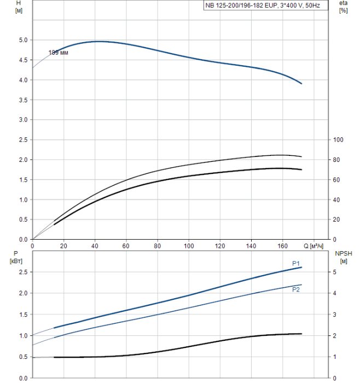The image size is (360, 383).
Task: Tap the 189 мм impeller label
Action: [59, 53]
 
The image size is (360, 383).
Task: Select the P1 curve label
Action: [296, 264]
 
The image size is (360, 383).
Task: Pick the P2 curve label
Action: [296, 289]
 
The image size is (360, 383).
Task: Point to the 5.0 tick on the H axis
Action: [22, 40]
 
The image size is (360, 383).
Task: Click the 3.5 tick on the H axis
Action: [22, 100]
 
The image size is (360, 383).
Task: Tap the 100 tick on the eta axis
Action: [339, 140]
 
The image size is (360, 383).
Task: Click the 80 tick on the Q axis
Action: [158, 246]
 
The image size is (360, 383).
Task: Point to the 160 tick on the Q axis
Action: [282, 246]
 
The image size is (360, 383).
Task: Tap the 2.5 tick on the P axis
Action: [22, 272]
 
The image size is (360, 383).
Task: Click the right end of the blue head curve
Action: [301, 84]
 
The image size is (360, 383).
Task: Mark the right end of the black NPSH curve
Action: [301, 334]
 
